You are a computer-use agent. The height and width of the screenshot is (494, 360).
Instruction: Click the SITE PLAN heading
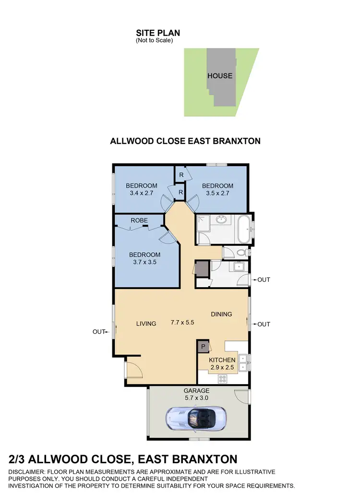pos(158,33)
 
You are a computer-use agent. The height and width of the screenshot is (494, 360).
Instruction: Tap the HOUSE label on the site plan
pos(220,75)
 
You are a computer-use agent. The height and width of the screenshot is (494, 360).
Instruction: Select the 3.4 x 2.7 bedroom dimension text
pos(142,193)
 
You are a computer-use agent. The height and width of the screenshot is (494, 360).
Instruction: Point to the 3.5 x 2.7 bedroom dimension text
pos(217,193)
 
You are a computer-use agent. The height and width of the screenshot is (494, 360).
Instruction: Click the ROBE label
pos(139,220)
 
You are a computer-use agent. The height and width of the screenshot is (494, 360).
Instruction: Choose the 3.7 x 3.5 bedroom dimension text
pos(144,262)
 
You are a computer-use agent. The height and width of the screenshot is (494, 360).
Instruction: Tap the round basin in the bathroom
pos(221,220)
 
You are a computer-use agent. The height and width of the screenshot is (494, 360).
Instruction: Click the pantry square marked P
pos(203,346)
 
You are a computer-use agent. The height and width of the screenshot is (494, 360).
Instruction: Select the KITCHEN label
pos(222,360)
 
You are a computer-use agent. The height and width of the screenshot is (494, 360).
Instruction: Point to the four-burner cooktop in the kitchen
pos(223,378)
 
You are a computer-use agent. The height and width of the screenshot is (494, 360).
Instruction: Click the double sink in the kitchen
pos(243,362)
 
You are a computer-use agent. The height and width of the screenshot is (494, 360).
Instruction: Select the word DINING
pos(221,314)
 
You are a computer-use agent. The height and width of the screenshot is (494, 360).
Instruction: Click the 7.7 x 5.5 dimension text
pos(182,323)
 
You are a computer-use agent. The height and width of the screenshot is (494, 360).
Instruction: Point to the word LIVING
pos(146,324)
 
